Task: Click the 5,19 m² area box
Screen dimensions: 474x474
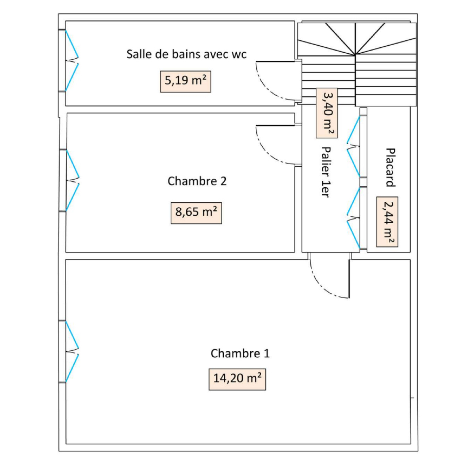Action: pos(185,81)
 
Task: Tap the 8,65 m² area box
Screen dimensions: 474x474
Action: pos(196,213)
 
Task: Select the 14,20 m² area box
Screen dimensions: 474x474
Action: pos(237,379)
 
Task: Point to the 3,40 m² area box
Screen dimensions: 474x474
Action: pos(327,113)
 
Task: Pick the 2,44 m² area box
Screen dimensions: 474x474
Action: pos(387,222)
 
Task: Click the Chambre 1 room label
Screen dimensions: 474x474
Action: pos(240,353)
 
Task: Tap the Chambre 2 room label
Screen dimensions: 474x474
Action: pos(197,181)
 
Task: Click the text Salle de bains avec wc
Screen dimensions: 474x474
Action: pos(186,54)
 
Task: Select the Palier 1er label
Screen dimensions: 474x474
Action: pos(326,172)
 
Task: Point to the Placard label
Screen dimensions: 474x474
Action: pos(390,167)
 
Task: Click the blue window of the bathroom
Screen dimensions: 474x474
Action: pos(72,61)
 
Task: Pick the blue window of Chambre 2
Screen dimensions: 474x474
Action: pos(73,180)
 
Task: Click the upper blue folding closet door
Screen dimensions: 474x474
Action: pos(353,146)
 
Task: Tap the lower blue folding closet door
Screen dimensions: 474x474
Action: pos(353,218)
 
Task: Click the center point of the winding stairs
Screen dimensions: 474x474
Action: pos(355,55)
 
